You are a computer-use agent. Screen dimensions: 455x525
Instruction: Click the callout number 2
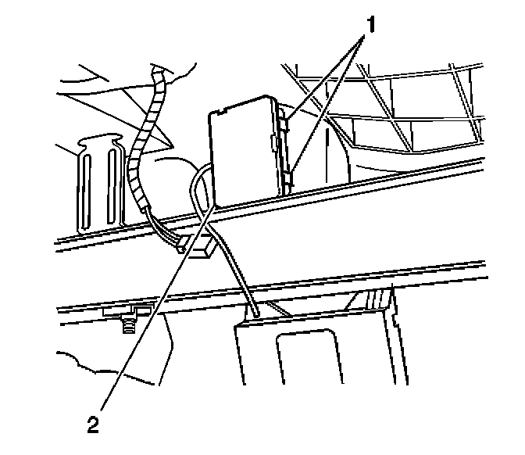point(94,426)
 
